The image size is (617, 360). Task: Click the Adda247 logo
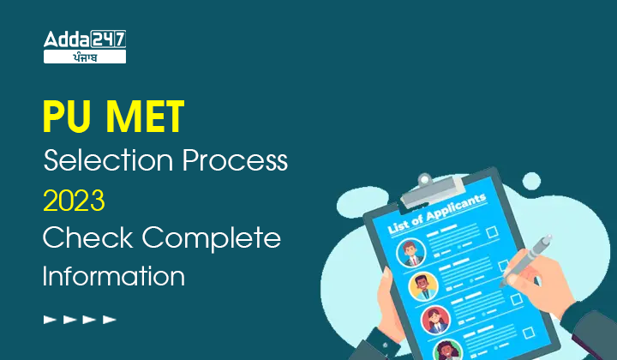tap(85, 39)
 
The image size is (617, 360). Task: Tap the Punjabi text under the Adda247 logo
tap(85, 57)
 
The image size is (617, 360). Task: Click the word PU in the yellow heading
tap(67, 117)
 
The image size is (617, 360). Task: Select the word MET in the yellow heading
tap(146, 117)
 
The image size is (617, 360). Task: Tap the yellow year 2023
tap(74, 200)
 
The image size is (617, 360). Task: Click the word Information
tap(113, 276)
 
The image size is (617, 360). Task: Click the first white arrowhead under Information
tap(50, 319)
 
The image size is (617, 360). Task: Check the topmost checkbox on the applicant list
tap(492, 232)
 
